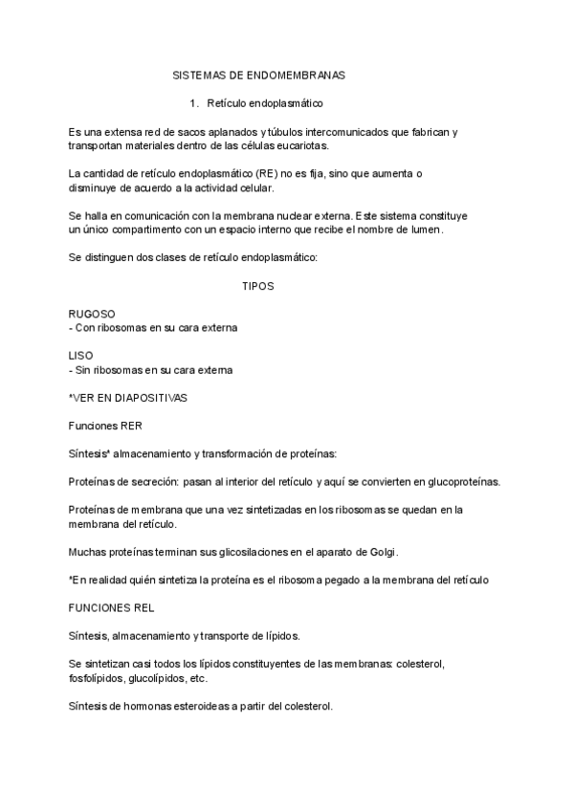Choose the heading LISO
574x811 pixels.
pyautogui.click(x=81, y=356)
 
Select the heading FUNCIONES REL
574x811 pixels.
pyautogui.click(x=112, y=607)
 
